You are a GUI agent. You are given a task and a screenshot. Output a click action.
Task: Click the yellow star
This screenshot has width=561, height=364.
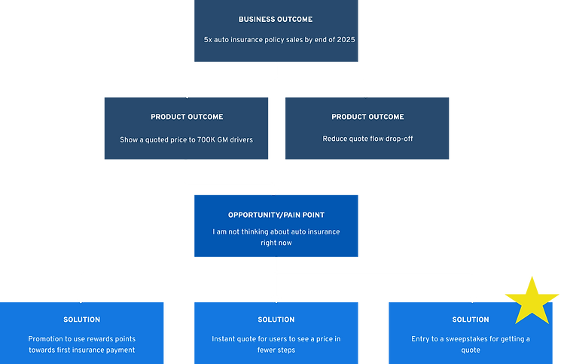point(532,302)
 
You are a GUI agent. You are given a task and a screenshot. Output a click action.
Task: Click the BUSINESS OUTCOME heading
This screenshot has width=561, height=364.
point(276,20)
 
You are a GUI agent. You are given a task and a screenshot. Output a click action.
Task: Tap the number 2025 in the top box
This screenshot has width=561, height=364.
point(346,40)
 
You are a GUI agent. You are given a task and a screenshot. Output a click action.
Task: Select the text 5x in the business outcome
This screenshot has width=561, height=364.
point(208,40)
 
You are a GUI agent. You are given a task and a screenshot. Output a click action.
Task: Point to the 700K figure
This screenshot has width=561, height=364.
point(206,139)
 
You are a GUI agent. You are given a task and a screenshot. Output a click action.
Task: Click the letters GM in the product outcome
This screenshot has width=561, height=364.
point(223,139)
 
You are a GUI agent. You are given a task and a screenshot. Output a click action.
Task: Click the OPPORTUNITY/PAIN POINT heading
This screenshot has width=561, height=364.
point(276,215)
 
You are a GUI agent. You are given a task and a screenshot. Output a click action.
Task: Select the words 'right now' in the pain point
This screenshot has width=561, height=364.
point(276,243)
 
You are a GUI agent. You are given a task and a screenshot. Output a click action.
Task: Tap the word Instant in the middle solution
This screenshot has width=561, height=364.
point(224,339)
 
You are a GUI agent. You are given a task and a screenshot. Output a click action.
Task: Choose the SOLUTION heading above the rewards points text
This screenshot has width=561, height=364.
point(81,320)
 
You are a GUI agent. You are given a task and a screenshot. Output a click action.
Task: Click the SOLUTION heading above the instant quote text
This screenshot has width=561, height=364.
point(276,320)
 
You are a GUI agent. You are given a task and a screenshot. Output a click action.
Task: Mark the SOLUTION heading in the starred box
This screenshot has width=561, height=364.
point(471,320)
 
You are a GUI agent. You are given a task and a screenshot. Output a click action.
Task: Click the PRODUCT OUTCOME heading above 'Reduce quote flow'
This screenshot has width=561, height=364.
point(367,117)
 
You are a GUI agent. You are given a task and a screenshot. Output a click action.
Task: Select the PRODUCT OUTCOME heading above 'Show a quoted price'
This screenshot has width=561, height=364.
point(187,117)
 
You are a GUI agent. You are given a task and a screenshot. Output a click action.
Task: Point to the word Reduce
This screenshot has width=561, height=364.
point(334,139)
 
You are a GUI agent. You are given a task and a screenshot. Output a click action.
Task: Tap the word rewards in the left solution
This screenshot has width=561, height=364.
point(96,339)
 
